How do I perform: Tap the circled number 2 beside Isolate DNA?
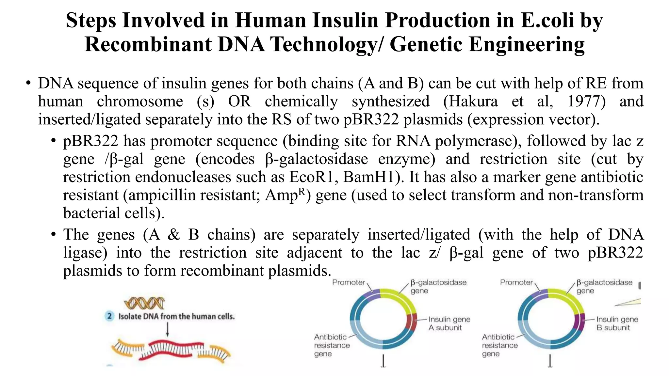pyautogui.click(x=109, y=316)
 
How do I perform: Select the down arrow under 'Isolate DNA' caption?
pyautogui.click(x=167, y=330)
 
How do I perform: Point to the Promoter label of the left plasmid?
pyautogui.click(x=348, y=282)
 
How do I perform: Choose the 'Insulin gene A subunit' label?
pyautogui.click(x=449, y=323)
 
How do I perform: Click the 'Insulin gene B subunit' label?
pyautogui.click(x=617, y=323)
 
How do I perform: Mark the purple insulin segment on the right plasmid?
pyautogui.click(x=580, y=323)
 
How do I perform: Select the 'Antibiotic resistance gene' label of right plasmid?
pyautogui.click(x=499, y=345)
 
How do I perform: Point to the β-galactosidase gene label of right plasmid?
pyautogui.click(x=604, y=286)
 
